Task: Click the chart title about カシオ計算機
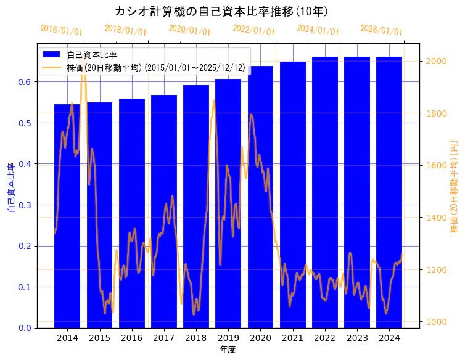tap(221, 12)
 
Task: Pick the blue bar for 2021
tap(293, 197)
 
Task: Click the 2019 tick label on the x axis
tap(228, 338)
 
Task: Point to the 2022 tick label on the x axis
tap(325, 338)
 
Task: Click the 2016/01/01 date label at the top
tap(61, 30)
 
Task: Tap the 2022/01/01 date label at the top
tap(253, 30)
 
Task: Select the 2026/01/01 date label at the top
tap(381, 30)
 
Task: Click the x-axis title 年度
tap(228, 350)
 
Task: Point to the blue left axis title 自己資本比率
tap(10, 188)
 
